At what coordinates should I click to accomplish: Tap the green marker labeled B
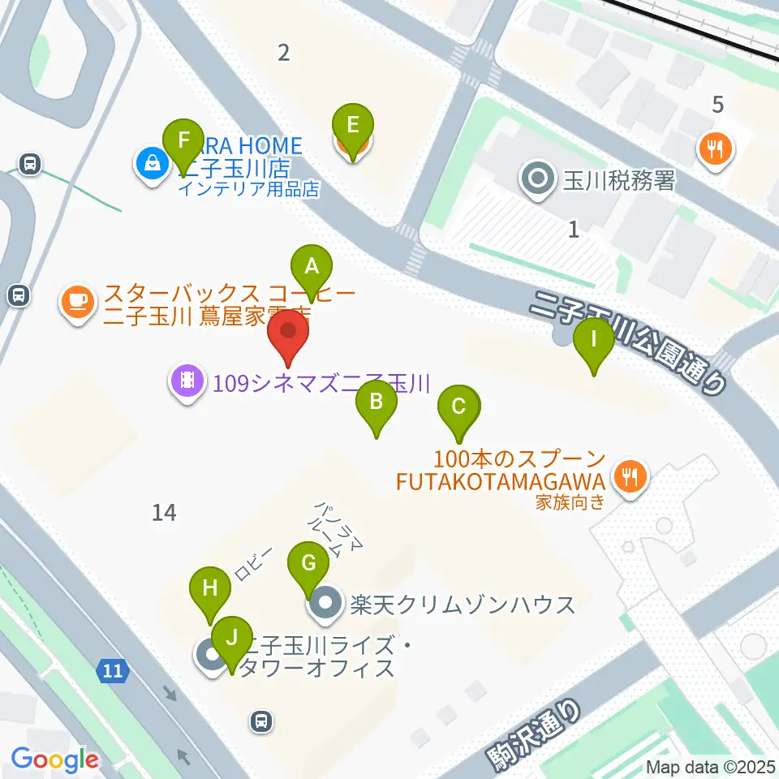[376, 401]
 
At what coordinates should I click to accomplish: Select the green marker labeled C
[458, 407]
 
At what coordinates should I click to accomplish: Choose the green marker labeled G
[308, 562]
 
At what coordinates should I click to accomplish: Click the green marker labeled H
[210, 587]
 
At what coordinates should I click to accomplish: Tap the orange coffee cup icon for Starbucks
[77, 302]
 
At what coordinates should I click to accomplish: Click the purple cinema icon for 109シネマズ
[187, 379]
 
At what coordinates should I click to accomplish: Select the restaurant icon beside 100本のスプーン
[631, 475]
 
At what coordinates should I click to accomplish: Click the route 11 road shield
[114, 670]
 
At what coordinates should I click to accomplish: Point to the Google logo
[54, 760]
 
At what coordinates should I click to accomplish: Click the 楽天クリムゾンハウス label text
[463, 605]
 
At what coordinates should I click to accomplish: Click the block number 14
[164, 512]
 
